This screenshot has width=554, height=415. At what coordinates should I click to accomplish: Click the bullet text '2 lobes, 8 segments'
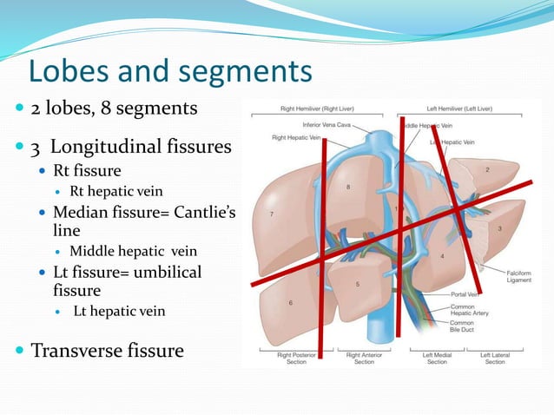(114, 109)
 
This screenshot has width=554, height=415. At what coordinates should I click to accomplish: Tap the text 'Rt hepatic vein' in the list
(116, 191)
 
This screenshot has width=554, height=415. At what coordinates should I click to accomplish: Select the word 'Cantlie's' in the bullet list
(207, 212)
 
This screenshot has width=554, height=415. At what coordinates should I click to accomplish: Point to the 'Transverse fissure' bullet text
(108, 351)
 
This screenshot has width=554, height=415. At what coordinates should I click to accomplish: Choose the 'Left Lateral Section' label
(495, 358)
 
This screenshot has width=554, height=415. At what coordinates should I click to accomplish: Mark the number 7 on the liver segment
(273, 214)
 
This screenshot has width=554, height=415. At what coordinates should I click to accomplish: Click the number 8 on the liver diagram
(348, 187)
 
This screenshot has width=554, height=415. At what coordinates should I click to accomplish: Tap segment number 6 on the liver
(290, 302)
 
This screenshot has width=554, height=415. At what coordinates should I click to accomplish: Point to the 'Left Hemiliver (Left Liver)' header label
(460, 109)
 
